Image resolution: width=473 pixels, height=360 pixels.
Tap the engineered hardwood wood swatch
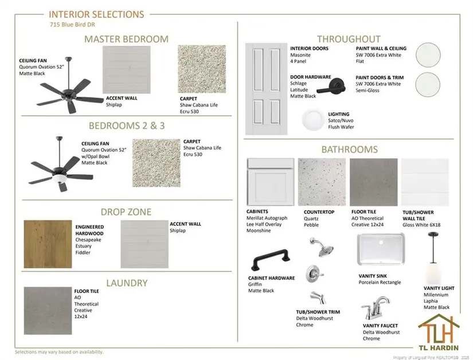48,244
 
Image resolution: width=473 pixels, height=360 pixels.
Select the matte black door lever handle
331,86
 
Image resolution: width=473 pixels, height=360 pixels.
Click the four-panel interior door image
267,89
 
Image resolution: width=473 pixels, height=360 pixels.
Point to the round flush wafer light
313,120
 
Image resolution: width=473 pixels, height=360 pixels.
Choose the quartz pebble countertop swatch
322,182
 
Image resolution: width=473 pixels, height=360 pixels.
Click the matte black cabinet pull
271,259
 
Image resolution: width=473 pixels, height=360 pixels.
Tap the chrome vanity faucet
376,308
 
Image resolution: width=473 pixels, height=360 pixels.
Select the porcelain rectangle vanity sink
381,249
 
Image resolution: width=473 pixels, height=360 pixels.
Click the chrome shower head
322,247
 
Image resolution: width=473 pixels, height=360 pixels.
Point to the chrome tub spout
319,298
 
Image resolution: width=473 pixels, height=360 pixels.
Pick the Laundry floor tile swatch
48,311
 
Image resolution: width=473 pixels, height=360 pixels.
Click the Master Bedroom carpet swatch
202,69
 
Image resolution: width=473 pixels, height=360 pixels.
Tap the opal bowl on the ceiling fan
60,179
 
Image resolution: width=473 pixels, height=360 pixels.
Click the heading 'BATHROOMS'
349,150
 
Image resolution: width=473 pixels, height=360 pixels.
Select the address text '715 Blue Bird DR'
72,25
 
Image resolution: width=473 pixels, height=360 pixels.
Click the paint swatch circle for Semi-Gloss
428,84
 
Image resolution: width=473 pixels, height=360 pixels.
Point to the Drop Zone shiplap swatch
144,244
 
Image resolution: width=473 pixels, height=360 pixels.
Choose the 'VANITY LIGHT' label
439,288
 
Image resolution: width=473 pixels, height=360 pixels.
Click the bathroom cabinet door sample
271,182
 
